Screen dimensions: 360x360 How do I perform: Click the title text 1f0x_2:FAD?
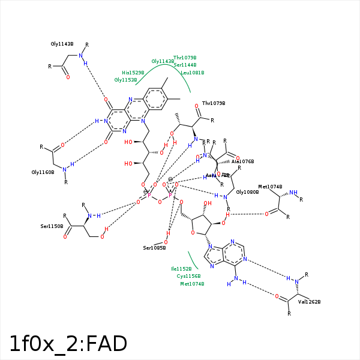[68, 344]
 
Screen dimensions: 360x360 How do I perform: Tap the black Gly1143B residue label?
[62, 44]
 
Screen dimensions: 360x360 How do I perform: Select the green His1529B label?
[133, 73]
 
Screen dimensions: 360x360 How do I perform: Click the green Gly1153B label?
[126, 80]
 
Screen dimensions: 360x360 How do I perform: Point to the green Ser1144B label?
[185, 65]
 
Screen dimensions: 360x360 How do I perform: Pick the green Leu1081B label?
[192, 73]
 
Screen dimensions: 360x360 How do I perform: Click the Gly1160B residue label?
[43, 172]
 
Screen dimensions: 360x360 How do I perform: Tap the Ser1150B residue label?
[52, 226]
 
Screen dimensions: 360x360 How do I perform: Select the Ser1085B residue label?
[154, 248]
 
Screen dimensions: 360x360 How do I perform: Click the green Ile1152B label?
[181, 269]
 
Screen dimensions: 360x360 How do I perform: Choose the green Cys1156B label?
[188, 276]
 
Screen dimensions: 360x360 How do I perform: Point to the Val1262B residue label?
[310, 302]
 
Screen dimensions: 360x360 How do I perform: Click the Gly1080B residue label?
[247, 192]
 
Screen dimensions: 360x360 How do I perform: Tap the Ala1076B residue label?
[243, 161]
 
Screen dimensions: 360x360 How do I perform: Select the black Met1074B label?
[270, 187]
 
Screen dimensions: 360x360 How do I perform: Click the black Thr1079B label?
[214, 103]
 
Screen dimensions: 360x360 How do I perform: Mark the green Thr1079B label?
[185, 58]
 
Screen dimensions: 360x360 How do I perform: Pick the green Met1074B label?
[192, 284]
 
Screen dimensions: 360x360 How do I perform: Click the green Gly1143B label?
[163, 61]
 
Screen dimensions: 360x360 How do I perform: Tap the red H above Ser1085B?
[169, 233]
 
